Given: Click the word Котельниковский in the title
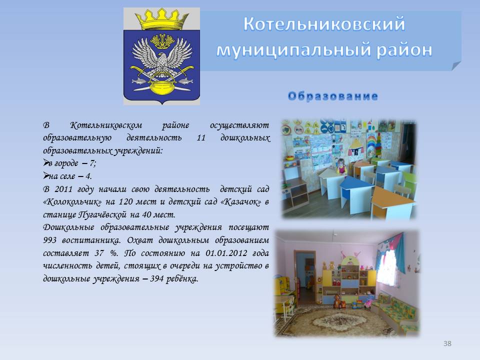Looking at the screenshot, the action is pos(324,24).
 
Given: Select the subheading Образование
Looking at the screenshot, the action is pos(333,96).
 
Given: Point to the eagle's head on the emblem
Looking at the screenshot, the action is pos(163,57).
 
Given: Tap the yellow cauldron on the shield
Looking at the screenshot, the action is pos(161,87).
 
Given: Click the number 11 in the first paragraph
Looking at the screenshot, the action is pos(201,138).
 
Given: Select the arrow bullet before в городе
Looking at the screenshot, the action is pos(46,162).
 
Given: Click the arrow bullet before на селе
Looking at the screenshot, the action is pos(46,175).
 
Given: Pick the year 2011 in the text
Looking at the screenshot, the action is pos(63,189).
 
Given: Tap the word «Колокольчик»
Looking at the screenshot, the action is pos(72,202).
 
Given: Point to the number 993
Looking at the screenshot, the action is pos(49,240).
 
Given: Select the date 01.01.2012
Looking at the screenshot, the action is pos(226,253).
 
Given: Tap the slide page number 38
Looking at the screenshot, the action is pos(447,343).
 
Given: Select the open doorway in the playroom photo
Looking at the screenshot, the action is pos(304,277).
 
